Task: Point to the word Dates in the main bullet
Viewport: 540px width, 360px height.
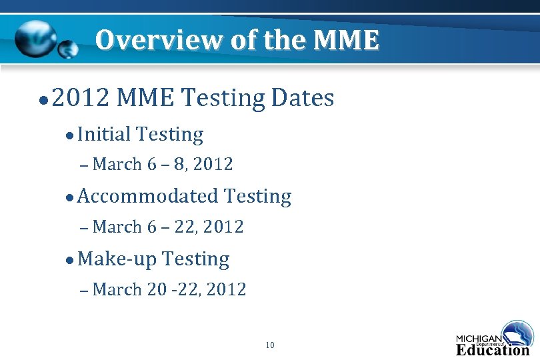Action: click(303, 99)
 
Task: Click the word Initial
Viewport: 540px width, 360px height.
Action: click(104, 134)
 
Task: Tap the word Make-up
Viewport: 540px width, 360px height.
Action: click(117, 259)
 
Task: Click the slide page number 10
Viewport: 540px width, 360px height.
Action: click(269, 345)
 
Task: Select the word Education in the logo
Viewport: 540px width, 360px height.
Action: click(492, 349)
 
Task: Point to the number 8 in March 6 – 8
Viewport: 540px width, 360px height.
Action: click(179, 164)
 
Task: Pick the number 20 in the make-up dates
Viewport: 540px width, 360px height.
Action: click(157, 289)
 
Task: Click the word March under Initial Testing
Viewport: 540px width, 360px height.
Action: click(117, 164)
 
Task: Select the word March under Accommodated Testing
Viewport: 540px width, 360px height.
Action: click(117, 227)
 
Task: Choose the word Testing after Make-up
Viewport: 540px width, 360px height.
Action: click(195, 259)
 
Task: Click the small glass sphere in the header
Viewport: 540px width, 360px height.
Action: click(67, 49)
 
